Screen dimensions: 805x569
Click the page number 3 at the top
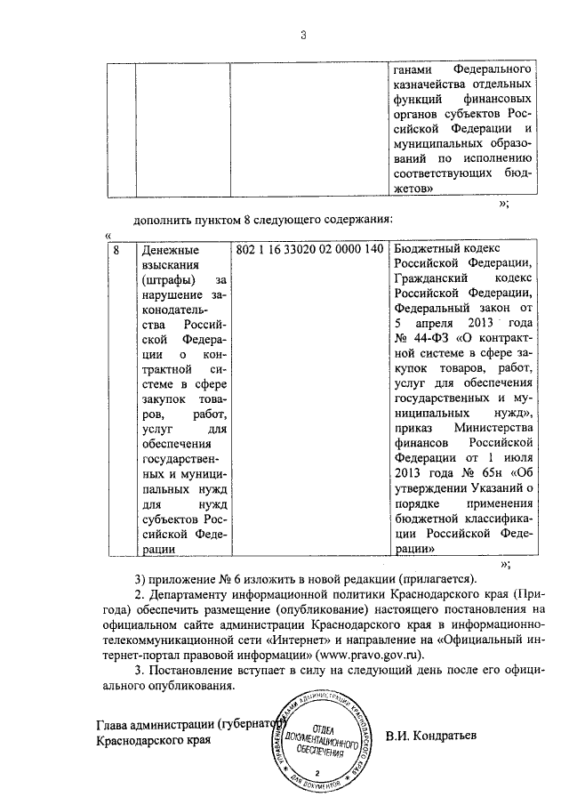click(x=302, y=36)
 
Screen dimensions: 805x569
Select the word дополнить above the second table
click(x=164, y=220)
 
